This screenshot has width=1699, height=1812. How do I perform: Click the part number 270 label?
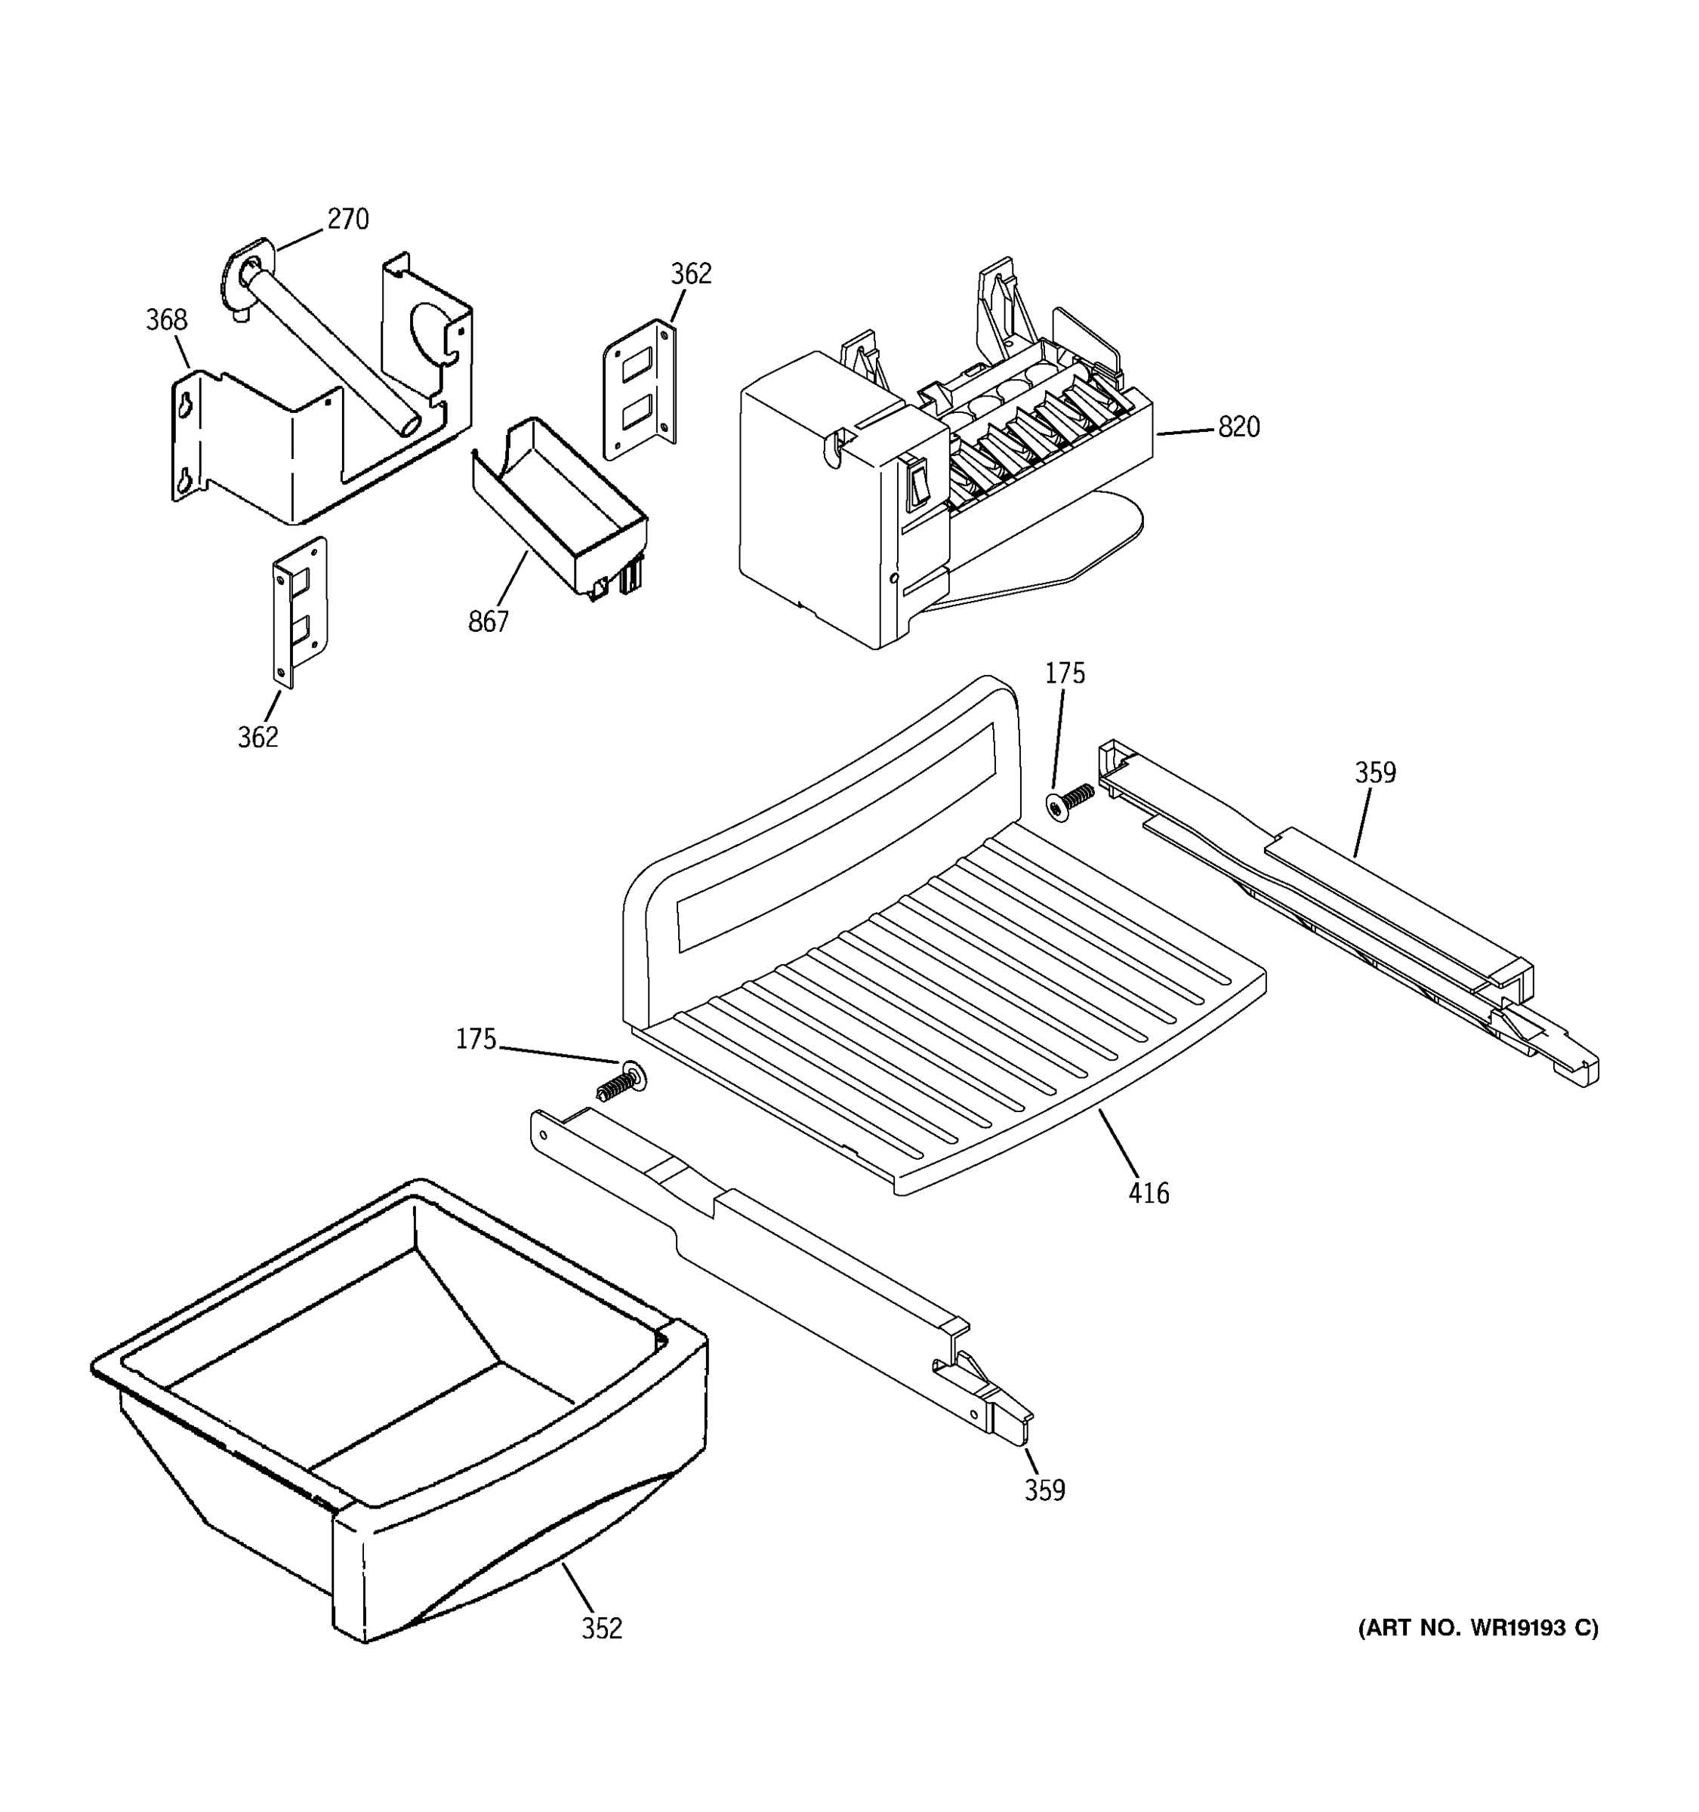tap(347, 220)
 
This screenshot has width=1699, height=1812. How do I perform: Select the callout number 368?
tap(167, 320)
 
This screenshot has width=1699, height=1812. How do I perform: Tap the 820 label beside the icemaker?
tap(1238, 427)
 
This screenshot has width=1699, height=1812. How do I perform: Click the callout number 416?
tap(1149, 1193)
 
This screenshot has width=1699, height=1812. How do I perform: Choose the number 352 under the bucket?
tap(602, 1628)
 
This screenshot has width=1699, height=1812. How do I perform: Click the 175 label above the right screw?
tap(1065, 673)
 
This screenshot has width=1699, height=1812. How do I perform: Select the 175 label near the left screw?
tap(476, 1039)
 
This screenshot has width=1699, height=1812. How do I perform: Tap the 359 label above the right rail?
tap(1374, 773)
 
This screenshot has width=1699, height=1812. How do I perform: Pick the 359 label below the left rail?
tap(1044, 1490)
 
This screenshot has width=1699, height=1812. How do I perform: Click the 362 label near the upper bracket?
tap(691, 273)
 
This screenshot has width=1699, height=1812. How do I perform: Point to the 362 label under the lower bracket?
tap(258, 738)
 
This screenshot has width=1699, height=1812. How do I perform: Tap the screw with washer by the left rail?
tap(621, 1081)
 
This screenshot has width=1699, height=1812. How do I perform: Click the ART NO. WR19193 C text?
tap(1478, 1628)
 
